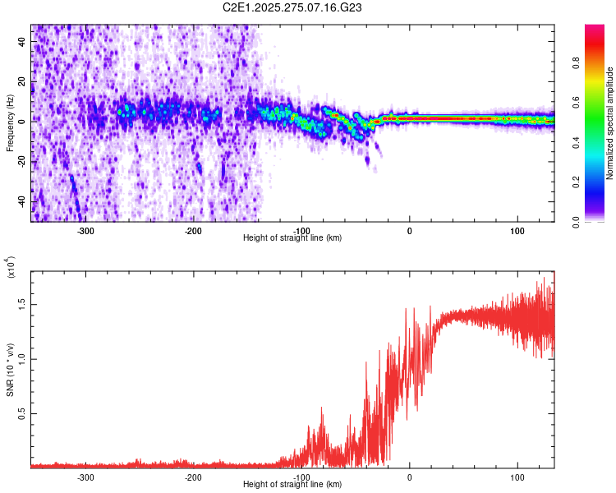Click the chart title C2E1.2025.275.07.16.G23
tap(293, 7)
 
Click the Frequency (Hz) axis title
tap(10, 123)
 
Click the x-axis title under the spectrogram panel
tap(292, 238)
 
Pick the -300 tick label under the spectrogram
tap(86, 230)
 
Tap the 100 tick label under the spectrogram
tap(517, 230)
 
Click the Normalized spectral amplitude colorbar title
tap(609, 123)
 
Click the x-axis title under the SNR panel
tap(292, 485)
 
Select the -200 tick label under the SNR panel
tap(194, 477)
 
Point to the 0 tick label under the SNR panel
tap(409, 477)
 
